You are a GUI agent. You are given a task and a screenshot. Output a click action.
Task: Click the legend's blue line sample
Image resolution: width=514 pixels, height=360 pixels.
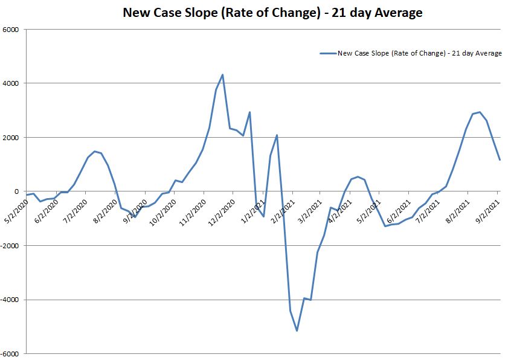[x=327, y=53]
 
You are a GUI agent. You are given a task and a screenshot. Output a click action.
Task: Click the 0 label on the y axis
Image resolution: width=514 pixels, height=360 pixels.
[x=17, y=191]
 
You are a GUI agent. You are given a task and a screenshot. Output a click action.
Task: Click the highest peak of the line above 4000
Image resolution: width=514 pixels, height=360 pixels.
[x=223, y=75]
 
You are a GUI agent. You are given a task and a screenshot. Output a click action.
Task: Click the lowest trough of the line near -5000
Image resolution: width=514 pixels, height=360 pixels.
[x=297, y=330]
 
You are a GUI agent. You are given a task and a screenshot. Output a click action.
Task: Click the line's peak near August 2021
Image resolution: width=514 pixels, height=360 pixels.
[x=480, y=112]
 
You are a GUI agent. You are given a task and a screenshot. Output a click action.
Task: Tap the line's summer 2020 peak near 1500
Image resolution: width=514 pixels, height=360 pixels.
[x=94, y=151]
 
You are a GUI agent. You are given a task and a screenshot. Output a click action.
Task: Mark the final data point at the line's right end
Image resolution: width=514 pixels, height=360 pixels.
[x=500, y=160]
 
